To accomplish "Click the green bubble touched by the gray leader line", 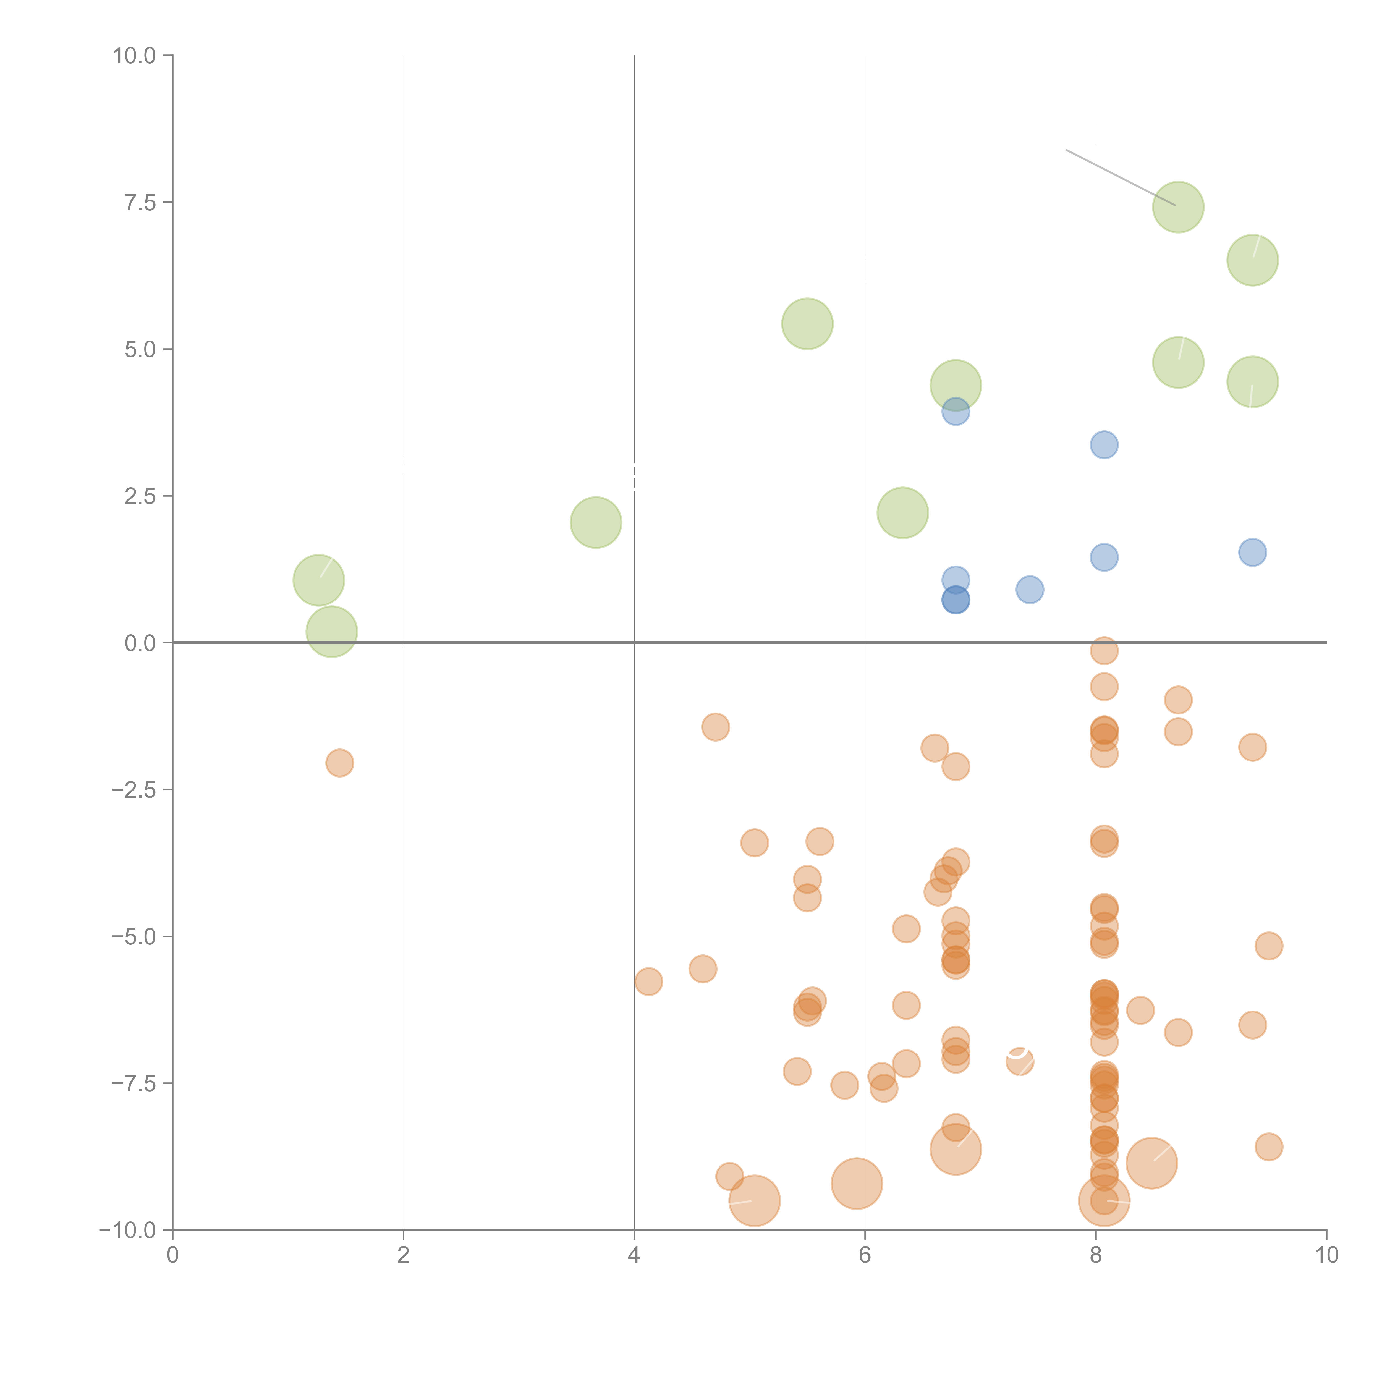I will click(1178, 208).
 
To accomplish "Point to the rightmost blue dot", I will click(1253, 552).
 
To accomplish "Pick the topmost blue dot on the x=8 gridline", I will click(1104, 445).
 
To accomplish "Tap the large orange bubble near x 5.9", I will click(857, 1184).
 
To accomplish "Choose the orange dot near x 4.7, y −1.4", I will click(715, 727).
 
